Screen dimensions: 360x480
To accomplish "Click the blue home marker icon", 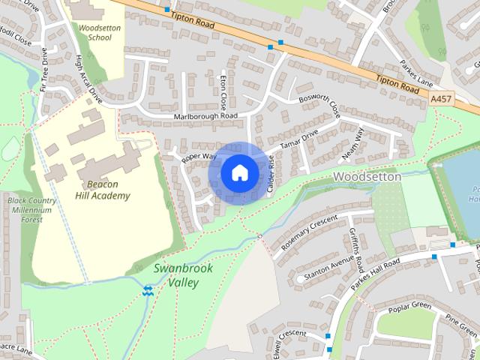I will coord(239,173).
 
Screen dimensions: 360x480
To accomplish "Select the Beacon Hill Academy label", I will coord(102,190).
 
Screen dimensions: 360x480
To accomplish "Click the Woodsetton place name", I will coord(367,176).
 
